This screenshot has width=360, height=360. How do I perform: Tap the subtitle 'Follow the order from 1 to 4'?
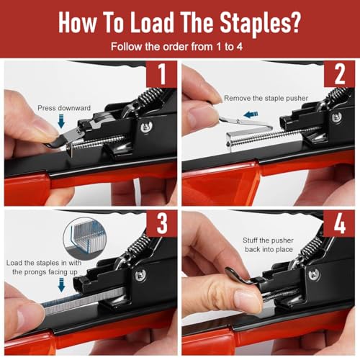click(x=176, y=46)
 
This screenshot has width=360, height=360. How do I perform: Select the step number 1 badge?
click(x=161, y=74)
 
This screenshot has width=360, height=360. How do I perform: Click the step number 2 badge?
click(x=339, y=74)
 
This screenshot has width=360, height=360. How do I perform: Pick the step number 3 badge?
click(x=161, y=224)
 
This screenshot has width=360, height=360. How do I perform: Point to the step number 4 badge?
click(x=339, y=224)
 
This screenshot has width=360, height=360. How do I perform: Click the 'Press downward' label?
click(x=64, y=108)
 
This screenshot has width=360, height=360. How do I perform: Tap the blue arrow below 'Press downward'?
click(x=61, y=121)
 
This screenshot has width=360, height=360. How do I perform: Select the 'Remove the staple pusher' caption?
click(x=266, y=98)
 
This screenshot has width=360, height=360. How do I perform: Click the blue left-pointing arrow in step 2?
click(x=251, y=114)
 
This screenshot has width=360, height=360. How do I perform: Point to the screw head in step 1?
click(x=146, y=127)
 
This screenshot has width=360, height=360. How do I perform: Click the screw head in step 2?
click(x=336, y=118)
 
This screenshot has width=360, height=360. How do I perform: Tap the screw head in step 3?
click(x=140, y=276)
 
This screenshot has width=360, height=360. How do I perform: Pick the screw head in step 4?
click(x=314, y=274)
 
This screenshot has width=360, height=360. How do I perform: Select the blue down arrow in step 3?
click(x=62, y=285)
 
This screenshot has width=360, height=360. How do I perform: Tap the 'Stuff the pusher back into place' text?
click(x=269, y=245)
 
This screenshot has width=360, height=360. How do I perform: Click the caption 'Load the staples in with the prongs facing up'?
click(x=44, y=267)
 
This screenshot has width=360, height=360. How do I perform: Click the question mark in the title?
click(x=295, y=22)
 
